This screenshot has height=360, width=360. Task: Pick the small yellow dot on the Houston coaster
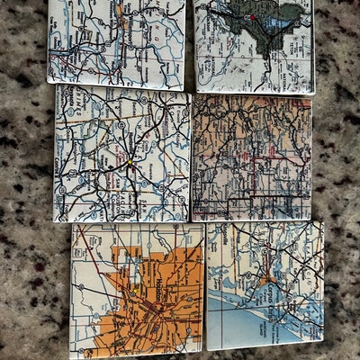click(x=132, y=292)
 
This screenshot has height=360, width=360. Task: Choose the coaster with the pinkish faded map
click(x=251, y=157)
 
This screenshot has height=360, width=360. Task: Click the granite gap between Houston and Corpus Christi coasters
click(x=205, y=288)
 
